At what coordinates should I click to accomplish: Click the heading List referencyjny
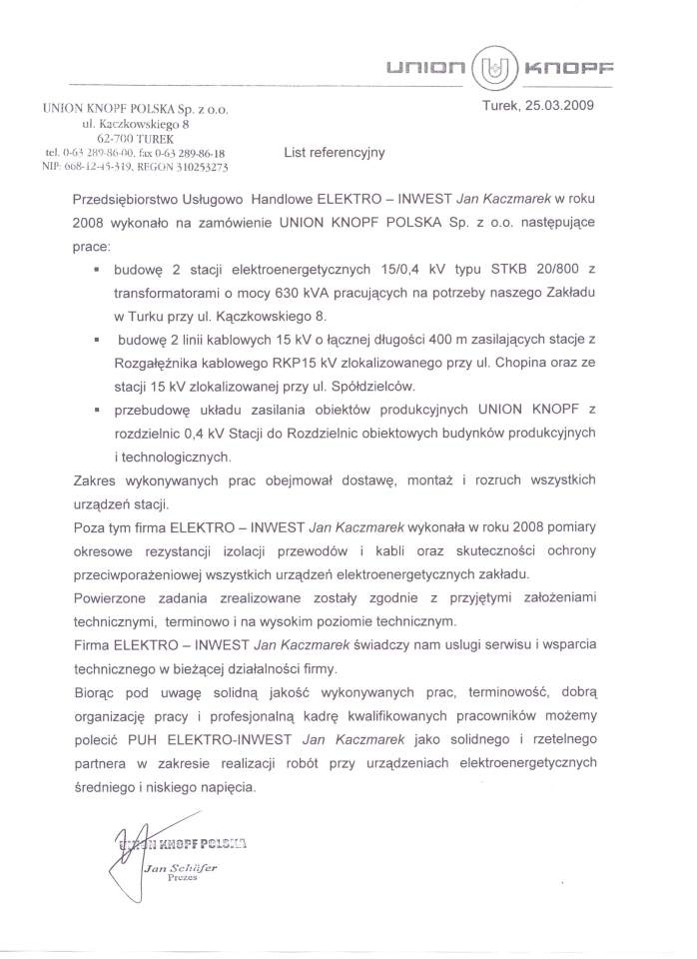pos(334,153)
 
